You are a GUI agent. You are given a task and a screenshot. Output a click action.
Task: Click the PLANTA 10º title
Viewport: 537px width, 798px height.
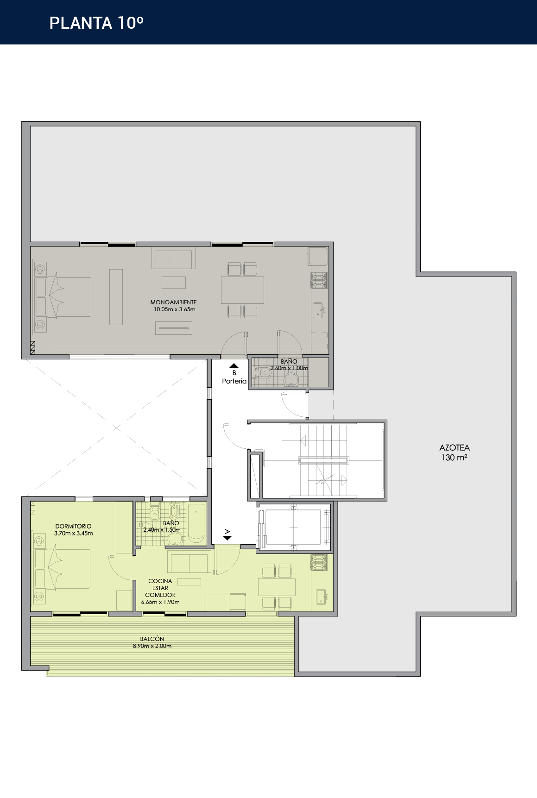[96, 23]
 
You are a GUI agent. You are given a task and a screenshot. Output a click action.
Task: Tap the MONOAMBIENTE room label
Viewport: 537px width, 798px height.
[173, 302]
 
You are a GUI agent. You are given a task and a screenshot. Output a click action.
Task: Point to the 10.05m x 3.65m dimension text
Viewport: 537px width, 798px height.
[175, 309]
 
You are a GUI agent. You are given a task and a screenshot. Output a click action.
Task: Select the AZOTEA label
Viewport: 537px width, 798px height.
[455, 447]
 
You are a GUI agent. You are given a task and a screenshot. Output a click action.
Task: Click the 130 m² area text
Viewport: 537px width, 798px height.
[454, 458]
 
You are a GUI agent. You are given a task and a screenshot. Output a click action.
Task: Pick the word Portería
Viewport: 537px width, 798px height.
[234, 381]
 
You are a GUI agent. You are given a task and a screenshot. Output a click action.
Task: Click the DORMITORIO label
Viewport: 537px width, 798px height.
[73, 526]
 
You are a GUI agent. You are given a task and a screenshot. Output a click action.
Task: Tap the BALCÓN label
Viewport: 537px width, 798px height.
[152, 639]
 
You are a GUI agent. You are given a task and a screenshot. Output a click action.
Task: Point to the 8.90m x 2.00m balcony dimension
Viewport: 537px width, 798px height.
[152, 646]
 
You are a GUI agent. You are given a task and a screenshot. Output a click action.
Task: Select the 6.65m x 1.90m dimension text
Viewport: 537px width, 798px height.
[160, 602]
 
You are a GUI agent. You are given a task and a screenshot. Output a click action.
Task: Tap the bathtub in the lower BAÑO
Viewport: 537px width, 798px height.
[196, 523]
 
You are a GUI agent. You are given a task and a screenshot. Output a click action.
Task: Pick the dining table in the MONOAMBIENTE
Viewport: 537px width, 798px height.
[242, 290]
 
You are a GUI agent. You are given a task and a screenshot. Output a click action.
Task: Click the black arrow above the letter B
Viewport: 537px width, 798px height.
[234, 366]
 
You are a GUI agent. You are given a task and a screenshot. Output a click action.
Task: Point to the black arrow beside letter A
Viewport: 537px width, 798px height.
[227, 538]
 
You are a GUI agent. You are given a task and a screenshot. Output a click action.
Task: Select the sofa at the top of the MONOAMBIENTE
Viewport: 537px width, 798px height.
[174, 258]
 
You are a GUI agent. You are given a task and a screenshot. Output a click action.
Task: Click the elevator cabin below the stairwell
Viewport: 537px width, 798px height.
[294, 527]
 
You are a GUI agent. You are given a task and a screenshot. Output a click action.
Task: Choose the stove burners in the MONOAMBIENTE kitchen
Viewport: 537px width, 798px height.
[319, 280]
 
